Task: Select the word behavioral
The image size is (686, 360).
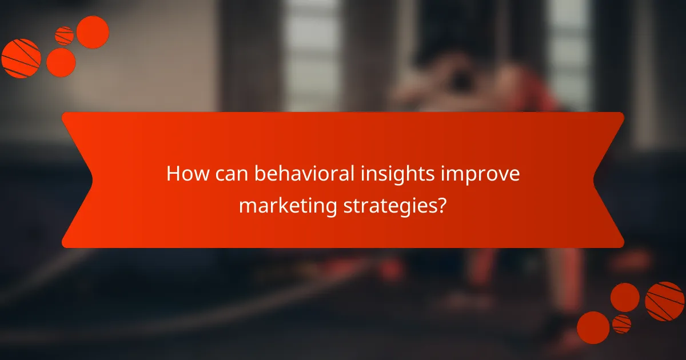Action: click(301, 174)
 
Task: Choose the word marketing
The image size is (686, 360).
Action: click(288, 206)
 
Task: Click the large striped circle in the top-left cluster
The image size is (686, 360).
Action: click(21, 58)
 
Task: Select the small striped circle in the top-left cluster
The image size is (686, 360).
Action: click(64, 36)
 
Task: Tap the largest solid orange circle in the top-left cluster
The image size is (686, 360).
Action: click(93, 32)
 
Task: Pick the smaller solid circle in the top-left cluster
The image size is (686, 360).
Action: click(61, 62)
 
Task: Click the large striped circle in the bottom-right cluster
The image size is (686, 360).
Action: click(665, 301)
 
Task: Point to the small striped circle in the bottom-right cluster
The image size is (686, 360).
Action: click(621, 324)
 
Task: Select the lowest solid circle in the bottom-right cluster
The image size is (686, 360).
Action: click(593, 327)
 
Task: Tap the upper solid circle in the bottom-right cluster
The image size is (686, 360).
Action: click(625, 297)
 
